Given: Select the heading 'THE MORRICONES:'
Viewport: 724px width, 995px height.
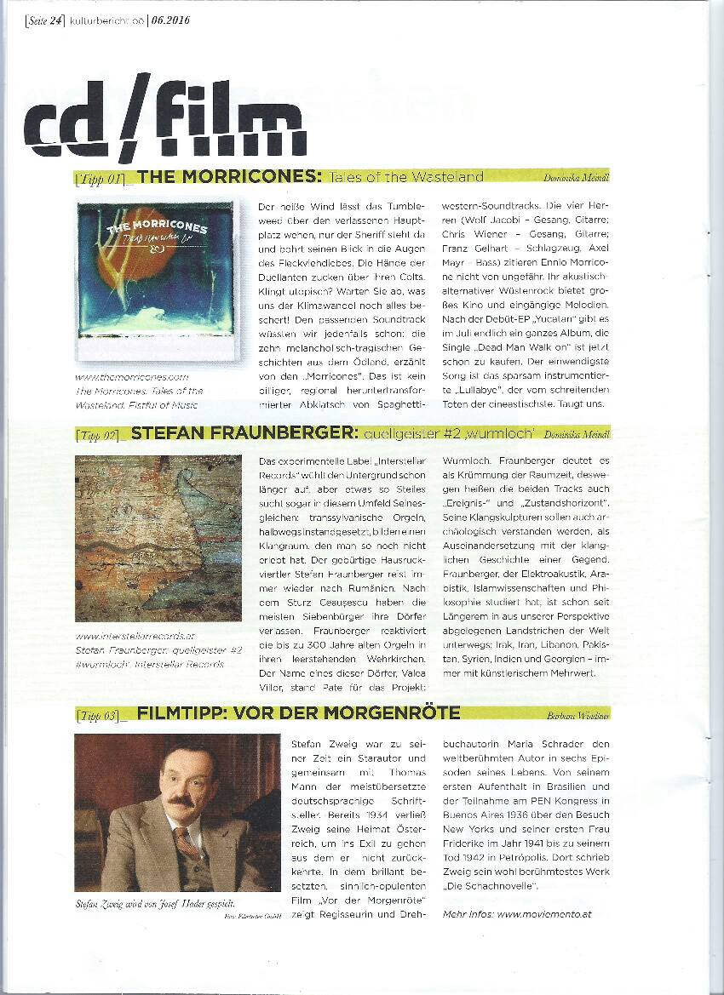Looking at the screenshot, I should [x=228, y=177].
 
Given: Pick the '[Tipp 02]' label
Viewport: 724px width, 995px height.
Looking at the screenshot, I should [x=100, y=435].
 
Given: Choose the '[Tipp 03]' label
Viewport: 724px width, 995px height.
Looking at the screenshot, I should [x=100, y=713].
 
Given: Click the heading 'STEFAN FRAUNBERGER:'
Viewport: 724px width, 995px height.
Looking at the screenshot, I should [x=244, y=434].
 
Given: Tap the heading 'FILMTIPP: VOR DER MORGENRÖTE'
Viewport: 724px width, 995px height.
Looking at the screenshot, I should [x=298, y=712].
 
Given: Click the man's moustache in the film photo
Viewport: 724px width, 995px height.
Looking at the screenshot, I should [x=179, y=802].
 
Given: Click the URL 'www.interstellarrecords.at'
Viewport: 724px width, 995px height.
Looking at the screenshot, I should [x=135, y=635].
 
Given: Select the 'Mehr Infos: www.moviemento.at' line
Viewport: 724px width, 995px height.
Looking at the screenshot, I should [x=518, y=913].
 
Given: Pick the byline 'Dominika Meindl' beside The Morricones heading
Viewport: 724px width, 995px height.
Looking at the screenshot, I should [x=576, y=178].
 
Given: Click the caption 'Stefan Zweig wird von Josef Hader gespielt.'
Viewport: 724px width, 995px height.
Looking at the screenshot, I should [x=149, y=902].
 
